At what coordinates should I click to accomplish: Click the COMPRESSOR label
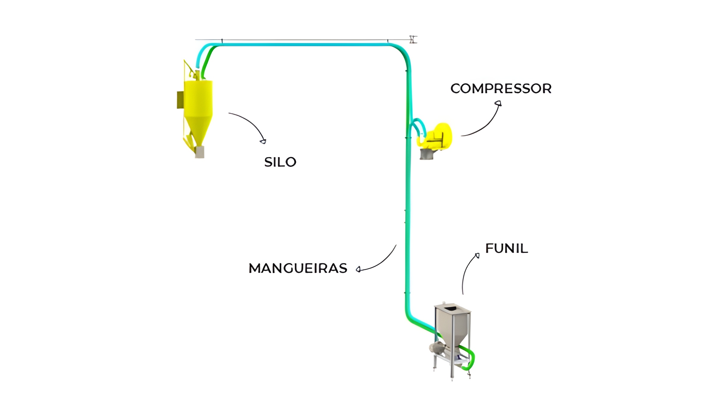(x=501, y=88)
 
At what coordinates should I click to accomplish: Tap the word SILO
(x=280, y=162)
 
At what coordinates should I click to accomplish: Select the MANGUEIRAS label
(x=298, y=268)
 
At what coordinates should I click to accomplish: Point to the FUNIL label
(x=506, y=248)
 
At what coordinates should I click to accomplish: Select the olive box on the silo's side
(x=180, y=100)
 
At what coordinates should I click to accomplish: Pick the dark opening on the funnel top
(x=452, y=308)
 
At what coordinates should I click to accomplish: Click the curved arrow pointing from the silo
(x=248, y=125)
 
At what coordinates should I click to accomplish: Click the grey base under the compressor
(x=426, y=154)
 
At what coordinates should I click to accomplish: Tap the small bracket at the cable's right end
(x=413, y=39)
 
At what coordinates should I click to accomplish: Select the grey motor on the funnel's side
(x=436, y=348)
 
